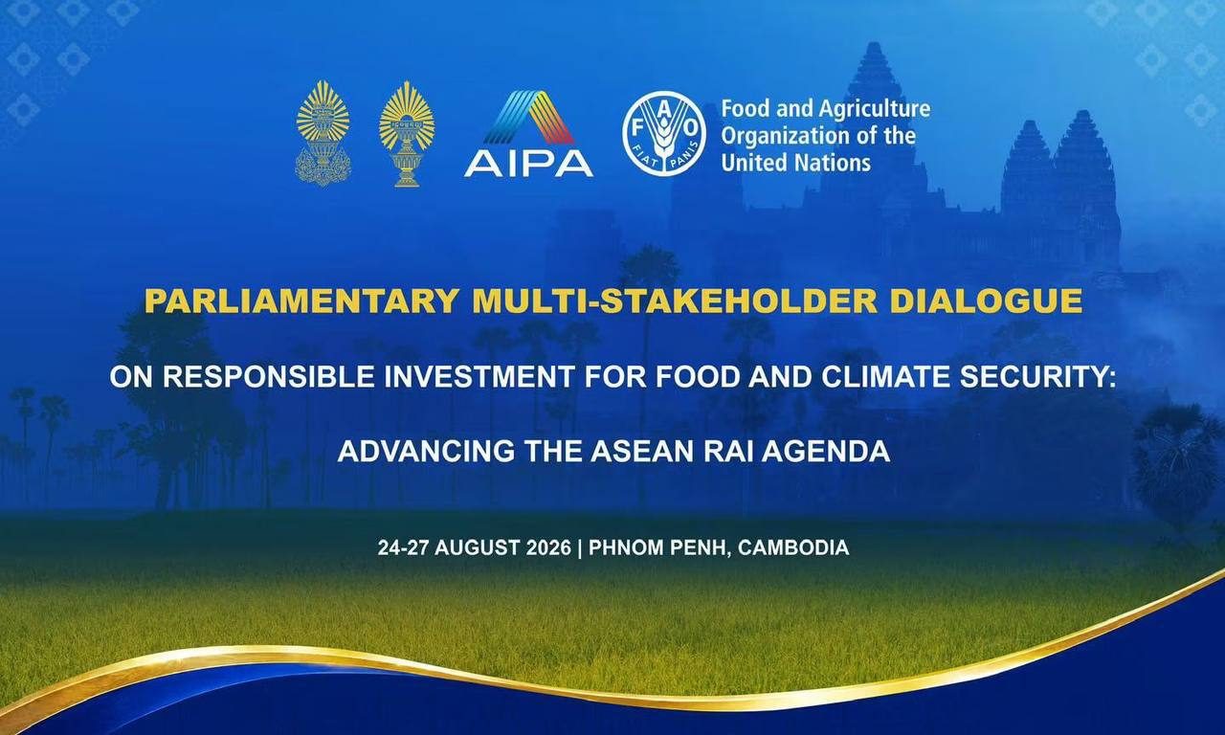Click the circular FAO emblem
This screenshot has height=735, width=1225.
pos(664,133)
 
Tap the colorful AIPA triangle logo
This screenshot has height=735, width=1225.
pos(528,117)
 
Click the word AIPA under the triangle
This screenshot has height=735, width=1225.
pos(528,164)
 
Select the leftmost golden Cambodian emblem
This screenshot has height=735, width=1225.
pos(323,133)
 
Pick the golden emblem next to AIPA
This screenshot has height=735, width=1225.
pos(407,135)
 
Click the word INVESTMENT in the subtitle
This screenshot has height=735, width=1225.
pos(479,377)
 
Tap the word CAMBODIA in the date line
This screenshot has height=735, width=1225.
pos(793,547)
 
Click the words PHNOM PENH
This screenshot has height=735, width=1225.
pos(659,547)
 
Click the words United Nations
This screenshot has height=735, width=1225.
pos(795,163)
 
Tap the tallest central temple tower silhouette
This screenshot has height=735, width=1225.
pos(874,125)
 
